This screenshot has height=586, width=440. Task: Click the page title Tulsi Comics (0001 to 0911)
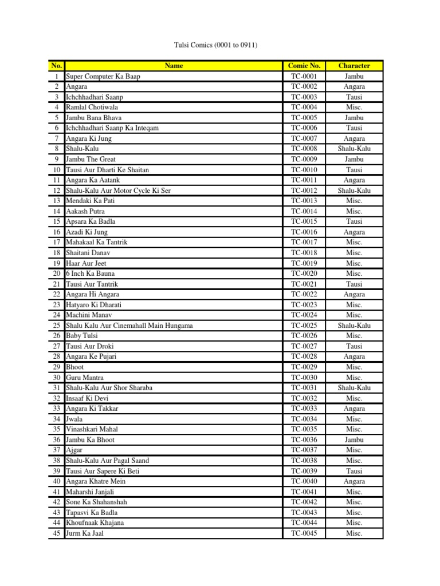(219, 45)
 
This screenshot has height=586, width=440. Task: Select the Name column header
(174, 66)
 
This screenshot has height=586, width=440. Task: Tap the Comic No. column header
(304, 66)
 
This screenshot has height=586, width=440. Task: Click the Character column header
(354, 66)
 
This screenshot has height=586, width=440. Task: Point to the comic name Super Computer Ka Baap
(103, 76)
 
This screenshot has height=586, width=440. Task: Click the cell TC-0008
(304, 149)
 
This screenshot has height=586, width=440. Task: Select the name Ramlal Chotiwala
(95, 107)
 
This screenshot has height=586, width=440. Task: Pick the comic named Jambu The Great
(92, 159)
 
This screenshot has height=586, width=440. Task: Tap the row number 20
(57, 274)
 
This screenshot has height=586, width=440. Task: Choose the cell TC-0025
(304, 326)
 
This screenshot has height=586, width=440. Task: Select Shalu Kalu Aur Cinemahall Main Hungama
(129, 326)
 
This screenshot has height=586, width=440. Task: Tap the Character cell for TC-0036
(354, 440)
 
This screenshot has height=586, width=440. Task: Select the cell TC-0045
(304, 533)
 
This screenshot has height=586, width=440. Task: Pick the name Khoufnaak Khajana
(95, 523)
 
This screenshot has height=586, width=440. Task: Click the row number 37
(57, 450)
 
